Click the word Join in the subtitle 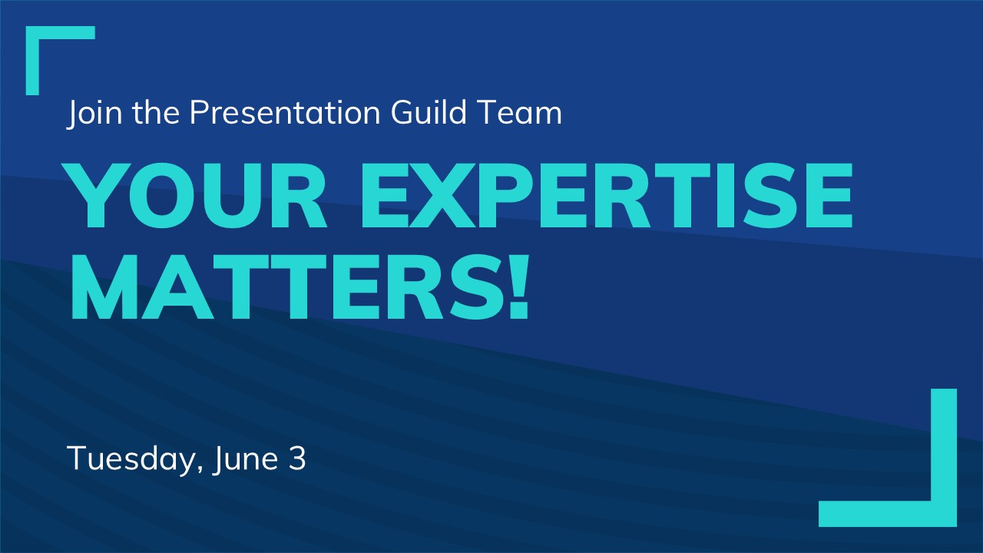[x=94, y=114]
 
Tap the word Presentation [x=285, y=112]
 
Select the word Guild [x=429, y=112]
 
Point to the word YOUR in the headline [x=197, y=195]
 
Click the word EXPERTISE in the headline [x=607, y=195]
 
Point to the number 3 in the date [x=297, y=459]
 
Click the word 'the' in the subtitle [x=156, y=112]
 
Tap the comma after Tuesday [x=200, y=470]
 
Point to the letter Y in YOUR [x=96, y=195]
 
